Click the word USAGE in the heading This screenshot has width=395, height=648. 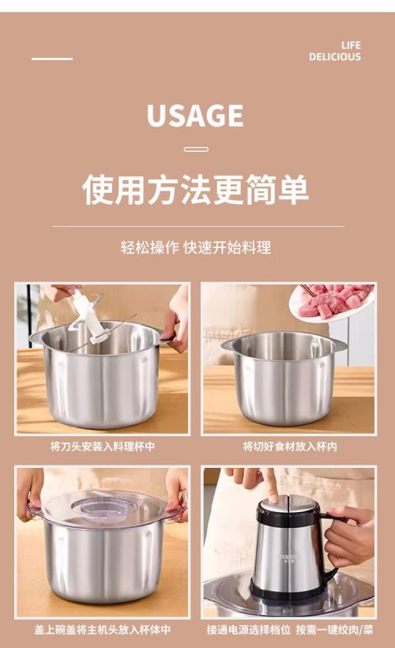[195, 115]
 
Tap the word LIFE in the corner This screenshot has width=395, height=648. [351, 45]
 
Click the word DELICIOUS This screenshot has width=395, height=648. [335, 57]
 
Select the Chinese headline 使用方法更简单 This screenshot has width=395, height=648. [195, 190]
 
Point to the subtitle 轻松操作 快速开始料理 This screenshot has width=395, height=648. [196, 247]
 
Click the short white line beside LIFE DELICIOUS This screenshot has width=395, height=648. [52, 58]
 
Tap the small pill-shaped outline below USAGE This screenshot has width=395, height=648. [196, 149]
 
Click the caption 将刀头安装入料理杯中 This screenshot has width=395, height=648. [103, 446]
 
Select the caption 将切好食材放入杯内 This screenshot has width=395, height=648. [290, 446]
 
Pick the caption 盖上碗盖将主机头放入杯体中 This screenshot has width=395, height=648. [103, 630]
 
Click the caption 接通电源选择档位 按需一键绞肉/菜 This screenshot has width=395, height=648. [290, 630]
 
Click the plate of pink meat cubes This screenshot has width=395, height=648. [333, 303]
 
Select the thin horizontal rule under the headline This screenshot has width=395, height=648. [198, 227]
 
